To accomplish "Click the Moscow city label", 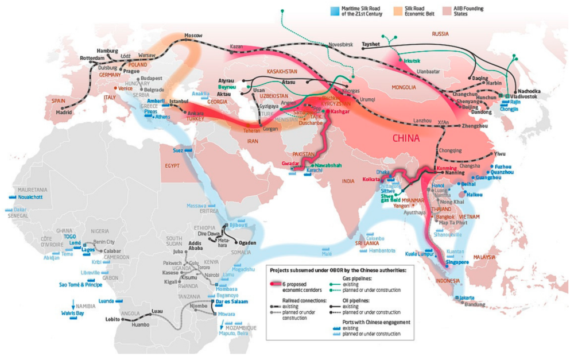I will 193,36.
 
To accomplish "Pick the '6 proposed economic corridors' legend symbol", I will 279,285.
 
